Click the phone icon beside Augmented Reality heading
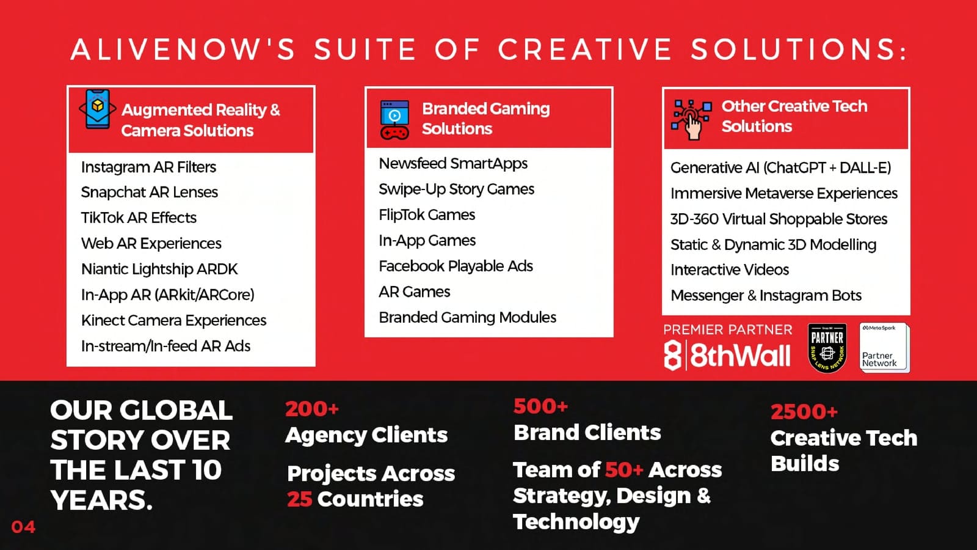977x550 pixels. click(98, 109)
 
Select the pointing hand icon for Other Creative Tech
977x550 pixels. click(692, 120)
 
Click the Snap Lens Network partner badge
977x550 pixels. click(827, 348)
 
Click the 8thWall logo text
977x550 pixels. click(727, 355)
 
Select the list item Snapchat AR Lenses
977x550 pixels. click(150, 192)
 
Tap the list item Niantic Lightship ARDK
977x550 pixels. click(159, 269)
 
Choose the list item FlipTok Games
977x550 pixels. click(427, 215)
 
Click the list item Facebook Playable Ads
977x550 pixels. click(456, 266)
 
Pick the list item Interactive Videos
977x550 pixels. click(730, 269)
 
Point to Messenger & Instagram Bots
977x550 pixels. click(766, 296)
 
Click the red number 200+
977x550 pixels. click(312, 409)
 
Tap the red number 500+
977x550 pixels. click(540, 406)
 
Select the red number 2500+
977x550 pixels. click(804, 412)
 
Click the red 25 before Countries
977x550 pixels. click(300, 499)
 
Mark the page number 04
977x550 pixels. click(23, 527)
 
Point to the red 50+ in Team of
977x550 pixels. click(624, 470)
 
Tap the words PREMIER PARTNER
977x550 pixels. click(728, 329)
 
